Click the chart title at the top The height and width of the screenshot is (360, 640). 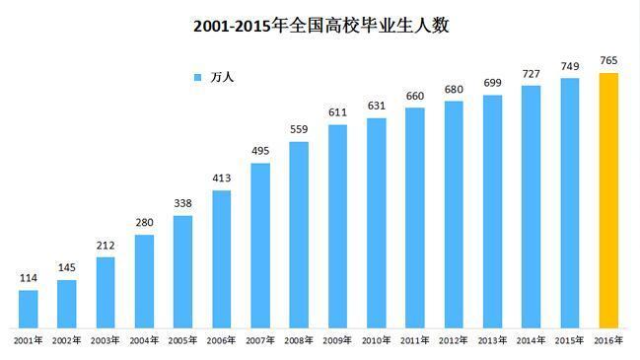click(x=320, y=27)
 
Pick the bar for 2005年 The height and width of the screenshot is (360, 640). click(x=183, y=271)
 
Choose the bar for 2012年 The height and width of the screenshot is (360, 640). click(x=454, y=214)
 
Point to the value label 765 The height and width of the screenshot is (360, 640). click(x=608, y=61)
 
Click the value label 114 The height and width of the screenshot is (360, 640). click(x=29, y=278)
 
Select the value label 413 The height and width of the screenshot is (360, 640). click(x=222, y=179)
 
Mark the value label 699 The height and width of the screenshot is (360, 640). click(x=492, y=83)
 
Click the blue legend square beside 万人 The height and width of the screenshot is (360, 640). click(x=197, y=77)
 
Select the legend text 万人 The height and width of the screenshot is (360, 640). click(x=222, y=77)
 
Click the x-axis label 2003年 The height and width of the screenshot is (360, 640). click(x=106, y=340)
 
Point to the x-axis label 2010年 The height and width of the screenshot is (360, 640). click(x=376, y=340)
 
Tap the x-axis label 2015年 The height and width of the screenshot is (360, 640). click(x=569, y=340)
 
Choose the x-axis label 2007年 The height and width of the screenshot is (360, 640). click(x=260, y=340)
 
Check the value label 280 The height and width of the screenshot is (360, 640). click(x=145, y=223)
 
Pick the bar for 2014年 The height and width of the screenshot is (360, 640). click(x=531, y=206)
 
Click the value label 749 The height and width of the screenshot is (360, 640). click(x=569, y=66)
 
